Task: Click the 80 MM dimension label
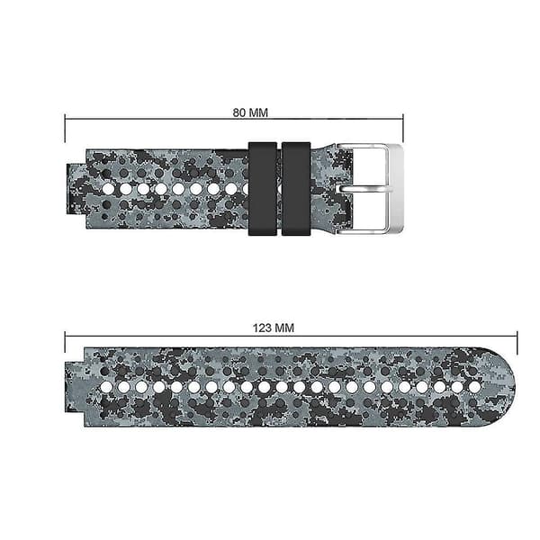[x=250, y=112]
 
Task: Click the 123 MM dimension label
[x=274, y=328]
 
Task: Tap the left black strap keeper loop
[x=263, y=189]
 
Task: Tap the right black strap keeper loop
[x=296, y=189]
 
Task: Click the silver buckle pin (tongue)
[x=365, y=189]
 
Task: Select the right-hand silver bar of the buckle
[x=395, y=189]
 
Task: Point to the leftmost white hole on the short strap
[x=108, y=189]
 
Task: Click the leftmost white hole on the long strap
[x=106, y=387]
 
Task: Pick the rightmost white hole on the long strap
[x=474, y=387]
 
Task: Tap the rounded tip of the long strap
[x=506, y=387]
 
